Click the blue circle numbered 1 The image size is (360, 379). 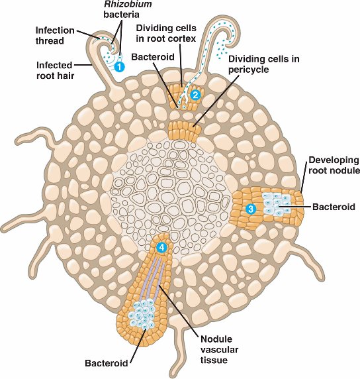119,66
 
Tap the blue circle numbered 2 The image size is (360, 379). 195,95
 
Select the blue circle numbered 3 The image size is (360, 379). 251,209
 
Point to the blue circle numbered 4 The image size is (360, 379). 161,247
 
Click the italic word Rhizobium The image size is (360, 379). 128,4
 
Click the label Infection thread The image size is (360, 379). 55,36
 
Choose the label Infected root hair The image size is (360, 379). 55,70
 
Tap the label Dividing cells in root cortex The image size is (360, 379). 166,33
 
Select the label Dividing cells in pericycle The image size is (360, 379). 263,64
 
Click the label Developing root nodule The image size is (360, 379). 334,165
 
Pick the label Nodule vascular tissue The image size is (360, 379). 219,349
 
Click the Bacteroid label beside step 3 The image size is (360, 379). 334,207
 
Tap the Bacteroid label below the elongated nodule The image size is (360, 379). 107,363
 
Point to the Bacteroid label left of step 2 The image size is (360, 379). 153,57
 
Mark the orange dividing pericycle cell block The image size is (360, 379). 184,131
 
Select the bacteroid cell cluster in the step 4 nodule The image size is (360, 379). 142,313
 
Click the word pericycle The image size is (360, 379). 248,70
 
